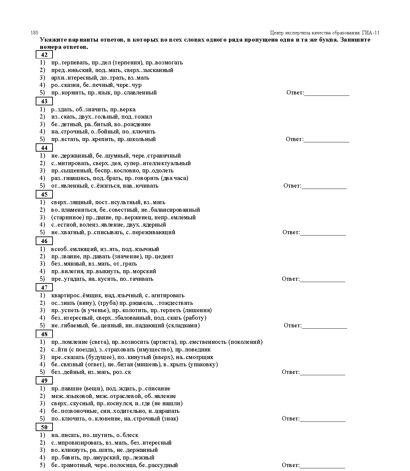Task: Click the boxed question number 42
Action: point(44,55)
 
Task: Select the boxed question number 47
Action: point(44,287)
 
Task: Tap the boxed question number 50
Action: point(44,427)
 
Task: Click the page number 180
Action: point(34,33)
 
